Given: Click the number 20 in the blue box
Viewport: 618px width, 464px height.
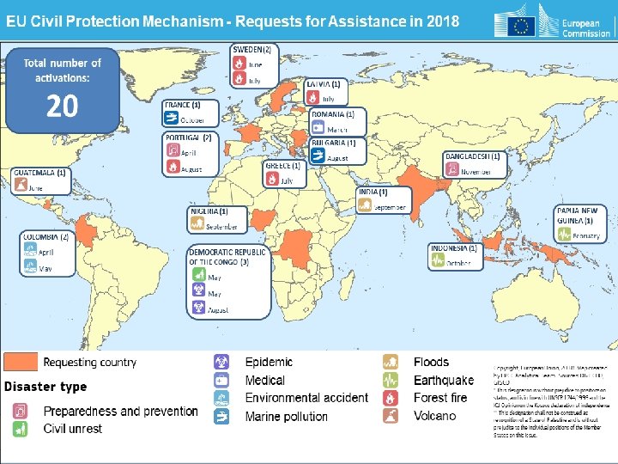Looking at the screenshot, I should [62, 106].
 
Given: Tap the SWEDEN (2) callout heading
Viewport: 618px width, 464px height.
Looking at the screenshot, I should [253, 49].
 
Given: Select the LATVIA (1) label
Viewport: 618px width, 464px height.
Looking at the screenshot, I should [324, 84].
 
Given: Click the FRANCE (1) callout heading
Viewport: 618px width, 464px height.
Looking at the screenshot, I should [183, 105].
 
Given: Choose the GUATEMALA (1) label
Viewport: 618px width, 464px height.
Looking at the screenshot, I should [39, 173].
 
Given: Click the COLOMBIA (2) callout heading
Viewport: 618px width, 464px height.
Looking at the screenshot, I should [45, 236].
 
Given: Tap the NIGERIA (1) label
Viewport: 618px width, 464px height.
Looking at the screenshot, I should [209, 211].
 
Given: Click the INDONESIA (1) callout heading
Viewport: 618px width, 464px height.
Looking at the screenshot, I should [454, 248].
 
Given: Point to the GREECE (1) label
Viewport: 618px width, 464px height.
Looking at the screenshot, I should [283, 165].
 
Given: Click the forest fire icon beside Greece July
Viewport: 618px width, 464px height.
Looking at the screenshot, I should [272, 180].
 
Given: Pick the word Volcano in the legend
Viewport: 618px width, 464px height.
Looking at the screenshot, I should [435, 416].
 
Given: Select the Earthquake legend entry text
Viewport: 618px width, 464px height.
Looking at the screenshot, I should [443, 380].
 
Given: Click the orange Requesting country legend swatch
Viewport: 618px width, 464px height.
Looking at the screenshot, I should [21, 362].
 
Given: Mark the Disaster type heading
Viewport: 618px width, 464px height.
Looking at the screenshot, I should [45, 387].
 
